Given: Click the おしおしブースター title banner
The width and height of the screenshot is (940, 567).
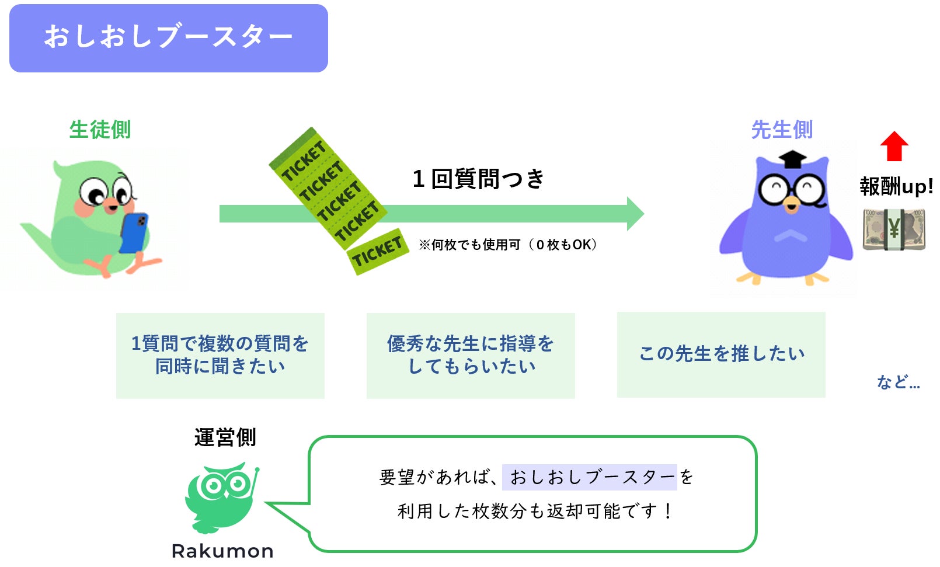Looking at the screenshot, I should coord(168,38).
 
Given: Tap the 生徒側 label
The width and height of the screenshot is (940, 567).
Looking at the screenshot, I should coord(100,130).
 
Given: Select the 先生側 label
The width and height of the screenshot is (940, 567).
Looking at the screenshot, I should coord(782,130).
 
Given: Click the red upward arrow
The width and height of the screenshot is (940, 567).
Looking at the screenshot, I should coord(894,146).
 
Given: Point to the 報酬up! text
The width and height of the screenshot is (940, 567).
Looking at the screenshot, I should coord(896,187).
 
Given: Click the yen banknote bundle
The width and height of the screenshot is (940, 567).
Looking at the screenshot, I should coord(894,229).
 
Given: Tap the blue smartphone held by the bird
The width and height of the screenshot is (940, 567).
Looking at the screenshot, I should coord(134,232).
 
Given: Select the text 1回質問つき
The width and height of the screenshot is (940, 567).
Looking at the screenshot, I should coord(478,179).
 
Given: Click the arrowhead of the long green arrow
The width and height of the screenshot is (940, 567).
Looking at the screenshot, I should coord(635,214).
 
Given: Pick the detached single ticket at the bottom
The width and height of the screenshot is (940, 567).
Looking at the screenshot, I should coord(377,252).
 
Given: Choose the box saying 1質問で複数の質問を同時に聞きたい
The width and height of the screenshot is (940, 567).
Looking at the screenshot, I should coord(220,355).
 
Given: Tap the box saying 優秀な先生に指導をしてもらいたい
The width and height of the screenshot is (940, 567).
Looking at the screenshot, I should coord(471,355).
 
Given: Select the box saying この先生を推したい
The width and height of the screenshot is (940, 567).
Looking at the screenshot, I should coord(721,354).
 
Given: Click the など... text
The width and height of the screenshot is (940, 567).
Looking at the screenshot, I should coord(898,382).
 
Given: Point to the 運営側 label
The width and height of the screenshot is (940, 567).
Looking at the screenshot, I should coord(225,437).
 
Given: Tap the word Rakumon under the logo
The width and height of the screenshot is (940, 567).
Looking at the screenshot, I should coord(222,551).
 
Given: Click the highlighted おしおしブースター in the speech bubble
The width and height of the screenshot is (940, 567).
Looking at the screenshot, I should coord(590,477).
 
